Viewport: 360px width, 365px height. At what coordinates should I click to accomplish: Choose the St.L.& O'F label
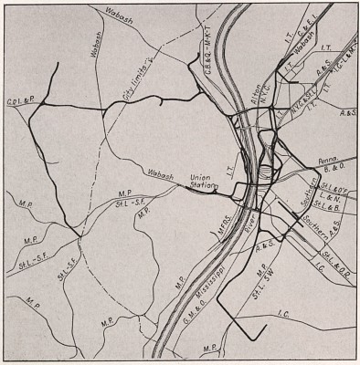(x=333, y=187)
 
